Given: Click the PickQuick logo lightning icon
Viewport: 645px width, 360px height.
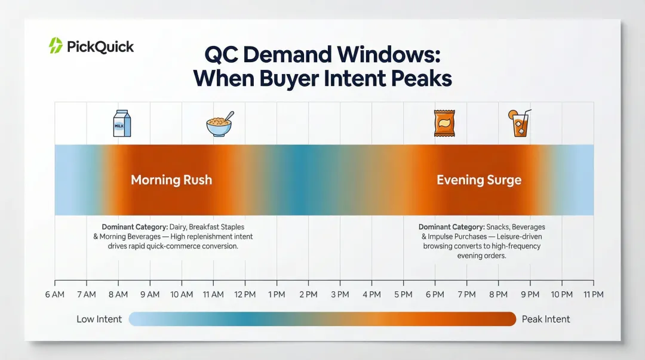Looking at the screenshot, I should pyautogui.click(x=56, y=46).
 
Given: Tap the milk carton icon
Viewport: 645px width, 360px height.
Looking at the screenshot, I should pyautogui.click(x=122, y=124).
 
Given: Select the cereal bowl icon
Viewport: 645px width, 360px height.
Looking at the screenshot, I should pyautogui.click(x=219, y=125).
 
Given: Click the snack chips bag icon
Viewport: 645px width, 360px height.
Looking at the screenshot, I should pyautogui.click(x=441, y=124).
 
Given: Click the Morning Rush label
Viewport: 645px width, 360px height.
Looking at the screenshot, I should pyautogui.click(x=171, y=180).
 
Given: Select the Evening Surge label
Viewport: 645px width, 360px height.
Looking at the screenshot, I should pyautogui.click(x=479, y=180).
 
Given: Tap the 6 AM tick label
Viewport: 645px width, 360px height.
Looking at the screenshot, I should pyautogui.click(x=55, y=294).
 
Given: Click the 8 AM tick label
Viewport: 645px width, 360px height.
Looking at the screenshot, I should pyautogui.click(x=118, y=294).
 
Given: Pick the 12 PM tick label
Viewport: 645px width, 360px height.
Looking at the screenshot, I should pyautogui.click(x=245, y=294).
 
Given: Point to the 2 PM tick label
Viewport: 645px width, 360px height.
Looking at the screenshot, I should pyautogui.click(x=308, y=294).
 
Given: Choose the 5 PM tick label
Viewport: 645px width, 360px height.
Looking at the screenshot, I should pyautogui.click(x=403, y=294).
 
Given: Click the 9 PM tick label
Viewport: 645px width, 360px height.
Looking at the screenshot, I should pyautogui.click(x=530, y=294).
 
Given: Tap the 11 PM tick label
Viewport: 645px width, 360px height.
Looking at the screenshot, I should pyautogui.click(x=593, y=294).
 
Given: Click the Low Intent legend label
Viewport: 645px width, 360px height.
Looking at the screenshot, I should pyautogui.click(x=99, y=319).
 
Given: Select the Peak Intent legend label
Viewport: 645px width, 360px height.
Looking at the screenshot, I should pyautogui.click(x=546, y=319).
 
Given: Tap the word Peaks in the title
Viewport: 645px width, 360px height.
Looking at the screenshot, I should pyautogui.click(x=421, y=78).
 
